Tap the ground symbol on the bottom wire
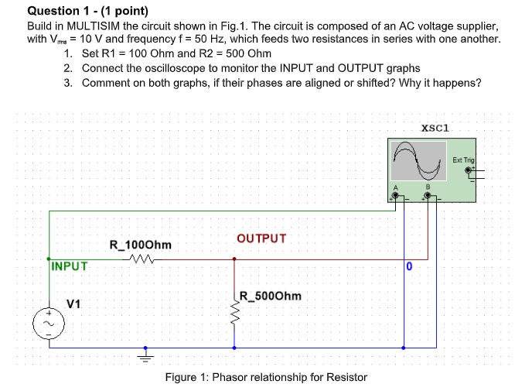pos(143,355)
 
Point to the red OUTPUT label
pos(261,238)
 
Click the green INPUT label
pos(70,266)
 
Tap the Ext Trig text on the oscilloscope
pos(463,159)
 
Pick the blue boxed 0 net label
pos(409,267)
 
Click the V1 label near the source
pos(73,304)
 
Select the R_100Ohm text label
pos(141,245)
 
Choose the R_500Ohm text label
pos(271,296)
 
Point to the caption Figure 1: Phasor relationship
pos(266,377)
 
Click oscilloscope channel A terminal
pos(395,197)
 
